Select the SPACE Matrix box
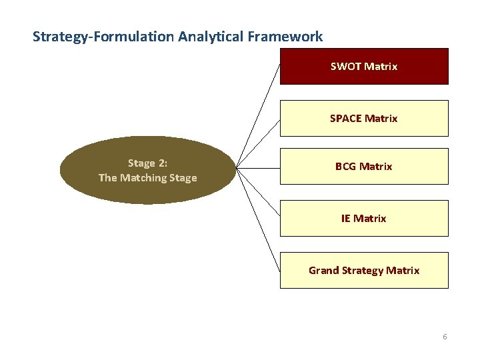tap(364, 118)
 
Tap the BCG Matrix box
tap(364, 166)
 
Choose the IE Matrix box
tap(364, 218)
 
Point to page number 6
tap(445, 337)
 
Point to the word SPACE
tap(346, 119)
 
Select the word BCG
tap(346, 167)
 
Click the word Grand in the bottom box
tap(323, 271)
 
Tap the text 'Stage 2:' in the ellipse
tap(147, 163)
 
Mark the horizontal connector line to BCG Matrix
tap(259, 168)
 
